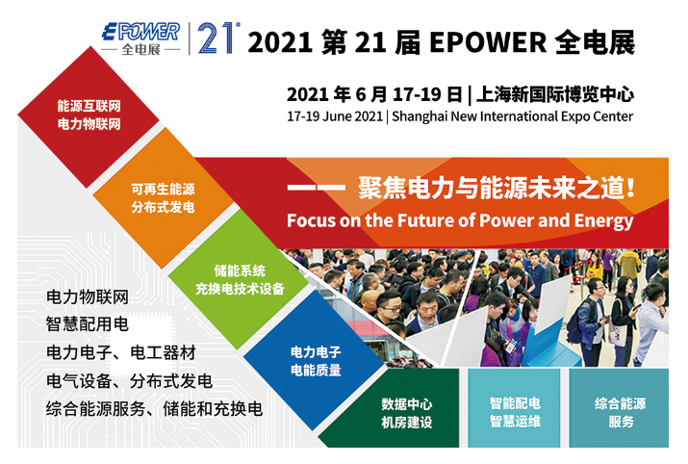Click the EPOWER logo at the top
click(x=140, y=39)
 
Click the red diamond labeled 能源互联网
click(x=89, y=117)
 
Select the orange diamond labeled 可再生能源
click(x=163, y=198)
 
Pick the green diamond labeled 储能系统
click(x=240, y=279)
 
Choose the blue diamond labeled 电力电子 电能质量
click(x=316, y=361)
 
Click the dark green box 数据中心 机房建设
click(x=391, y=408)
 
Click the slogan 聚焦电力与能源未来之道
click(x=496, y=188)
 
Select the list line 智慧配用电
click(x=87, y=324)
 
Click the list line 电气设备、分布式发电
click(x=129, y=380)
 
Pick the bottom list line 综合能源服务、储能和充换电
click(x=154, y=409)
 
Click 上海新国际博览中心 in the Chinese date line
click(x=555, y=94)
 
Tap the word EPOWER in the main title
click(x=488, y=42)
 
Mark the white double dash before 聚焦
click(x=316, y=188)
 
